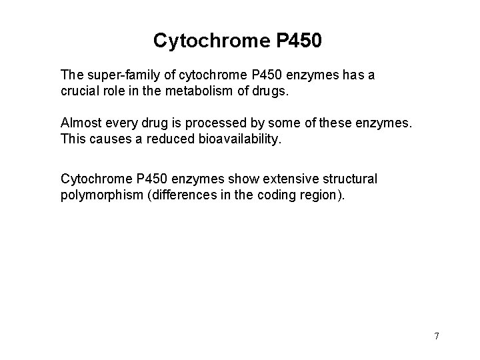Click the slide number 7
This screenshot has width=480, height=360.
pyautogui.click(x=437, y=336)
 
